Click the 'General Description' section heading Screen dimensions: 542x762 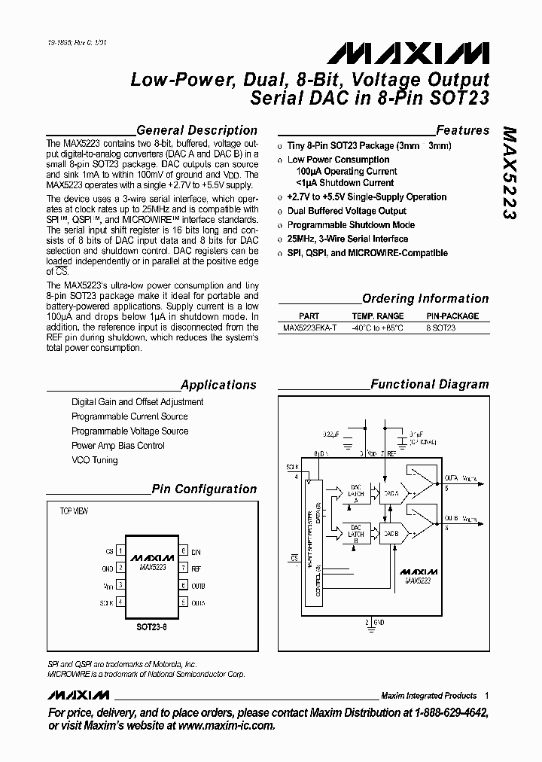pyautogui.click(x=196, y=130)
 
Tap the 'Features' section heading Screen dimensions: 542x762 pyautogui.click(x=462, y=130)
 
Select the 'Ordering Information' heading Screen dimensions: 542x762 pyautogui.click(x=425, y=298)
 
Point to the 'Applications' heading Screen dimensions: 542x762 pyautogui.click(x=218, y=385)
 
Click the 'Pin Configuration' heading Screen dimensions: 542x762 pyautogui.click(x=204, y=489)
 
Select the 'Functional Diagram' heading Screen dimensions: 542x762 pyautogui.click(x=430, y=384)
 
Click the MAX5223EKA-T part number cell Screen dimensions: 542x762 pyautogui.click(x=309, y=328)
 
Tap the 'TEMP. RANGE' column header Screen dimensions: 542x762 pyautogui.click(x=378, y=316)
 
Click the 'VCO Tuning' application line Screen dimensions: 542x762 pyautogui.click(x=95, y=460)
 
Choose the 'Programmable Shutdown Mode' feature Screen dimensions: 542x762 pyautogui.click(x=351, y=225)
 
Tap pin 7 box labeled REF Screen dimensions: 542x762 pyautogui.click(x=182, y=569)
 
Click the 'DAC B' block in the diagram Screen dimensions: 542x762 pyautogui.click(x=390, y=533)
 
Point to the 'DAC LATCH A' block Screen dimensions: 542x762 pyautogui.click(x=357, y=492)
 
